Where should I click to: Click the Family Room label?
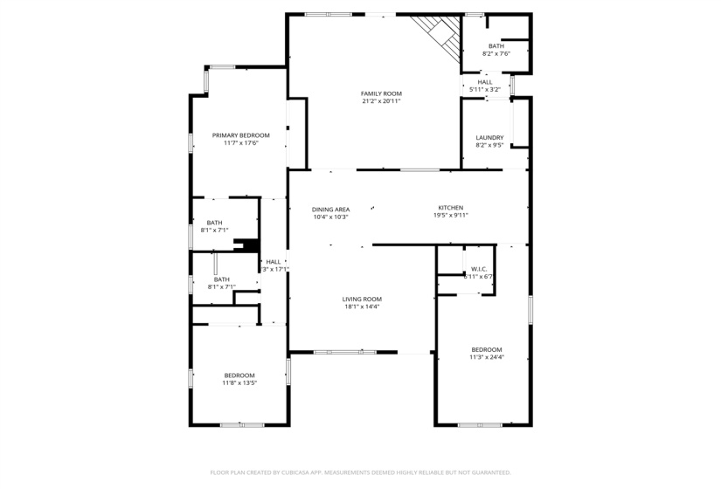pos(381,93)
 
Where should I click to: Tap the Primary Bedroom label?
pos(241,135)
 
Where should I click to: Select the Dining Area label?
pos(331,209)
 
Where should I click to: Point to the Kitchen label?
pos(451,208)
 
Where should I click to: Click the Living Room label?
pos(362,300)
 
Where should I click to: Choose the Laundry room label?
pos(489,138)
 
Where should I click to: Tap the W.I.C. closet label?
pos(478,269)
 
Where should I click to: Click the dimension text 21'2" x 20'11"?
pos(381,101)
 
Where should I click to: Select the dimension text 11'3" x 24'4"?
pos(487,356)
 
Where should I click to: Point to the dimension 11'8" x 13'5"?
pos(239,382)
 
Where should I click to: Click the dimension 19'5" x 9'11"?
pos(451,216)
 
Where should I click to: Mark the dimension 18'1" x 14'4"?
pos(362,306)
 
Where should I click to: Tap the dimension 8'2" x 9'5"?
pos(489,145)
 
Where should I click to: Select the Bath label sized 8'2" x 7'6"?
pos(496,46)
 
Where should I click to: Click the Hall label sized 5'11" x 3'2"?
pos(485,82)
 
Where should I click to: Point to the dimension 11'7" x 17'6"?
pos(241,143)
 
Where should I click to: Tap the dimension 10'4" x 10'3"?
pos(331,217)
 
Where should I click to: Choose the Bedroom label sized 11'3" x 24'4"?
pos(487,349)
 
